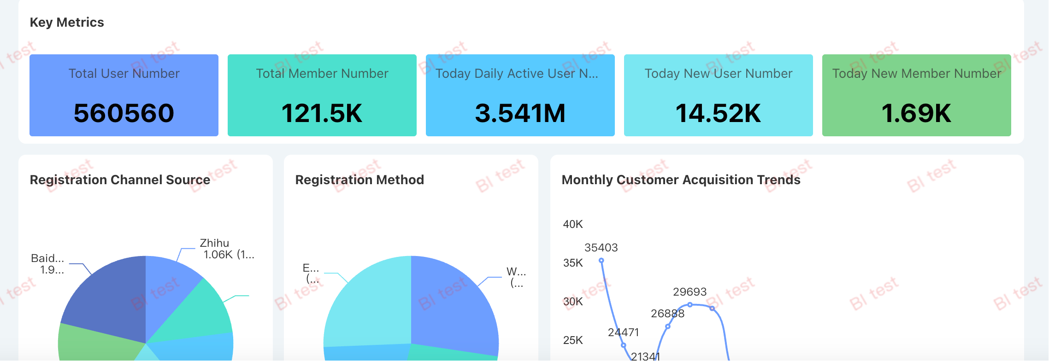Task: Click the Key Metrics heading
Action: (x=67, y=22)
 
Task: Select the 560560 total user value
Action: (x=124, y=113)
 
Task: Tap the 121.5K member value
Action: (x=322, y=113)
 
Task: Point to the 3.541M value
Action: (x=520, y=113)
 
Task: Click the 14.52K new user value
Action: (x=718, y=113)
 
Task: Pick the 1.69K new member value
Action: (x=916, y=113)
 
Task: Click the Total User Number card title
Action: (x=124, y=74)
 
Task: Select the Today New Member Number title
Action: (x=916, y=74)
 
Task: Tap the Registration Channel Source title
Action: (x=120, y=180)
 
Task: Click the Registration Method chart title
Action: (x=359, y=180)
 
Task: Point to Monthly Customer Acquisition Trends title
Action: (x=681, y=180)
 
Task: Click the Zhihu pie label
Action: (x=214, y=243)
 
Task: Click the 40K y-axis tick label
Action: (x=573, y=224)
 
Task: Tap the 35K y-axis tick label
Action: (x=573, y=263)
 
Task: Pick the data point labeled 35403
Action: (x=601, y=261)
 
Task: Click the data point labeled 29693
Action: (x=690, y=304)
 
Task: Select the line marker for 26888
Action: (x=668, y=326)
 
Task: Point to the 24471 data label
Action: (x=623, y=332)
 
